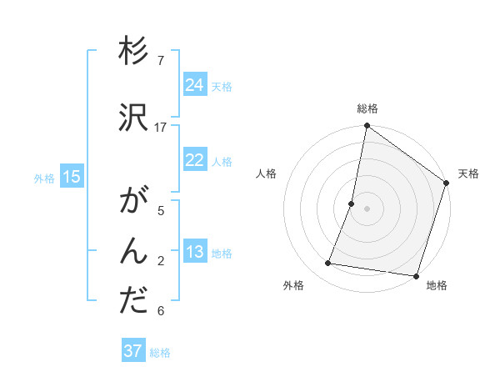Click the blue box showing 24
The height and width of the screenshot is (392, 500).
pos(195,85)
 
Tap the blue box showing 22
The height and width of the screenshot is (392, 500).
pos(195,160)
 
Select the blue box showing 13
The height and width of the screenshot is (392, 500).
pos(195,252)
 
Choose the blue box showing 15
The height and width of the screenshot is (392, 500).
pos(72,177)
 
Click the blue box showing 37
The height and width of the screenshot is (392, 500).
pos(133,351)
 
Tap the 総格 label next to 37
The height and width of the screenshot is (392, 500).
pos(160,353)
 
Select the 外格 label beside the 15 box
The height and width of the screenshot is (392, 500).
pos(44,178)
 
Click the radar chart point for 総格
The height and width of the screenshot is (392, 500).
pos(367,127)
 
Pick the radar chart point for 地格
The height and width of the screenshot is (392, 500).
pos(416,275)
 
